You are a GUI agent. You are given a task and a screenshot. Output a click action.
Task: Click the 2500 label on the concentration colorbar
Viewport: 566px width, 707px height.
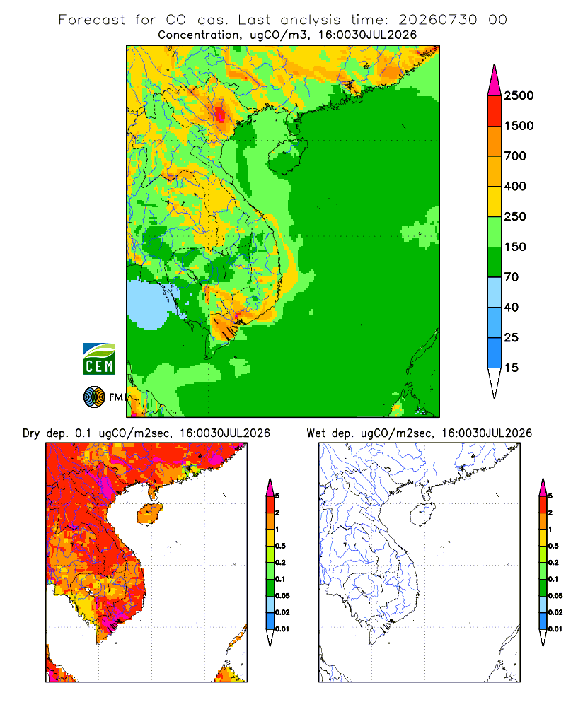[519, 95]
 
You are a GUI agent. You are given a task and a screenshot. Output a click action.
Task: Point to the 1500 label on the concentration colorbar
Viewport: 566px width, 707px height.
[519, 126]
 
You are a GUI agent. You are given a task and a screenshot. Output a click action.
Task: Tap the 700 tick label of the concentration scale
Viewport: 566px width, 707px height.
[515, 156]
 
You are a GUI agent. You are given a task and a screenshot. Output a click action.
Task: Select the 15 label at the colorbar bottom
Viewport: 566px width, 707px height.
[512, 368]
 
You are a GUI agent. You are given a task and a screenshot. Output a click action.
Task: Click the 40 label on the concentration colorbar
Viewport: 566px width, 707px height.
[512, 307]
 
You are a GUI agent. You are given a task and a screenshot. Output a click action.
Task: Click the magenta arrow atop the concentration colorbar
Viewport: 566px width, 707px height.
[495, 80]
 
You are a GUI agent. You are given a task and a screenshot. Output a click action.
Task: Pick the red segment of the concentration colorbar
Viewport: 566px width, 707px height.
[495, 110]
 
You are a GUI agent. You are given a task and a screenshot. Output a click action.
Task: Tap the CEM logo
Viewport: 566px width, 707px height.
[99, 358]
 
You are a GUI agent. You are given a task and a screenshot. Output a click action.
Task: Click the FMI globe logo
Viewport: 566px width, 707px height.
[94, 397]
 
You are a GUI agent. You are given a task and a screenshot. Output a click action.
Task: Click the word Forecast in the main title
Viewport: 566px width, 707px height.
[92, 20]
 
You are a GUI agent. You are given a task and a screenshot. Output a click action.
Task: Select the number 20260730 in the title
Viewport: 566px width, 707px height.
[437, 20]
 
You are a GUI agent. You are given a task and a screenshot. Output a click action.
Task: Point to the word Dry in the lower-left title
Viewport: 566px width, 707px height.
[31, 433]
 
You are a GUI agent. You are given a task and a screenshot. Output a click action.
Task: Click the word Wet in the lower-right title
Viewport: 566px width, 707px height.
[316, 433]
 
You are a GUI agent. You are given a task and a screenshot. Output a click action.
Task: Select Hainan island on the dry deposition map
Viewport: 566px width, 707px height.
[149, 514]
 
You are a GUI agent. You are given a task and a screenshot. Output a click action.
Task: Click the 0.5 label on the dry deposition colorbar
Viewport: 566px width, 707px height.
[280, 546]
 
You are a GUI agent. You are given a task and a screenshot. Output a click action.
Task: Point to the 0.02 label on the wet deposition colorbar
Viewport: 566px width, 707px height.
[555, 612]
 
